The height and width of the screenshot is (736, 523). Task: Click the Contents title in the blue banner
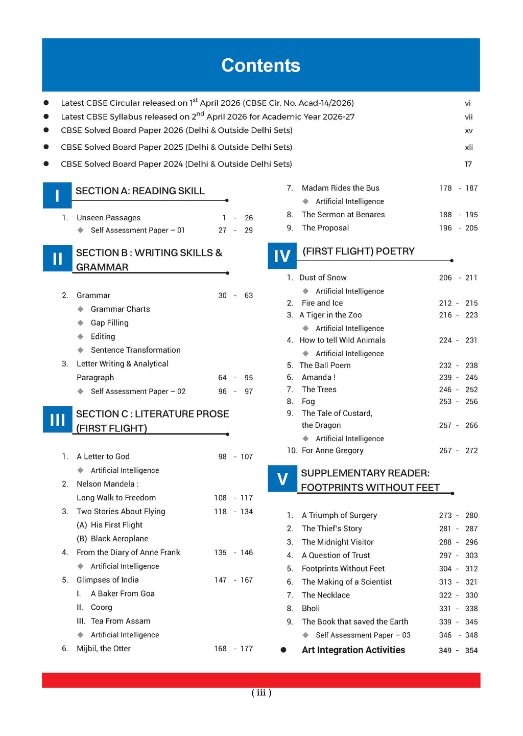[x=260, y=65]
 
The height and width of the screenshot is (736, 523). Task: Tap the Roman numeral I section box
[x=57, y=195]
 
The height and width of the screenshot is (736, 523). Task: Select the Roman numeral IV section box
[x=282, y=256]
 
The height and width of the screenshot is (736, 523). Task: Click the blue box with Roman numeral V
[x=282, y=479]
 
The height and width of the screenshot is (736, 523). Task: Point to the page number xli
[x=468, y=147]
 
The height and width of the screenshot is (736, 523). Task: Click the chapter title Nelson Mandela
[x=106, y=484]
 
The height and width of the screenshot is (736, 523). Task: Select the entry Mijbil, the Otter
[x=104, y=649]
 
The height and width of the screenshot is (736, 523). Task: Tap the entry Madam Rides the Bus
[x=340, y=188]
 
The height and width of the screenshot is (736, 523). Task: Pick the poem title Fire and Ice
[x=322, y=303]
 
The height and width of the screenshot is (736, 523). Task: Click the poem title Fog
[x=308, y=402]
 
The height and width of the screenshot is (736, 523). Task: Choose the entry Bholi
[x=311, y=608]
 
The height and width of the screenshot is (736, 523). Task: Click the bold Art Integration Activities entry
[x=353, y=650]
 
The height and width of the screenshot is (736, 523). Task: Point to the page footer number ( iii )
[x=261, y=693]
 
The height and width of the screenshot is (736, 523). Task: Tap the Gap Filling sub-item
[x=109, y=323]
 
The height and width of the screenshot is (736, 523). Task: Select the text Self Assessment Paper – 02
[x=138, y=392]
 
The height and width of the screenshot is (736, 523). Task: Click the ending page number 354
[x=471, y=651]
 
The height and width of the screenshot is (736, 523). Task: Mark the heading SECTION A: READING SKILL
[x=140, y=191]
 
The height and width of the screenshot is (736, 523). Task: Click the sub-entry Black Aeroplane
[x=119, y=539]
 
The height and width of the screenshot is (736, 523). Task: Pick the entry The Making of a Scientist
[x=347, y=582]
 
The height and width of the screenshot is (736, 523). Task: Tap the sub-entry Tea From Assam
[x=120, y=621]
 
